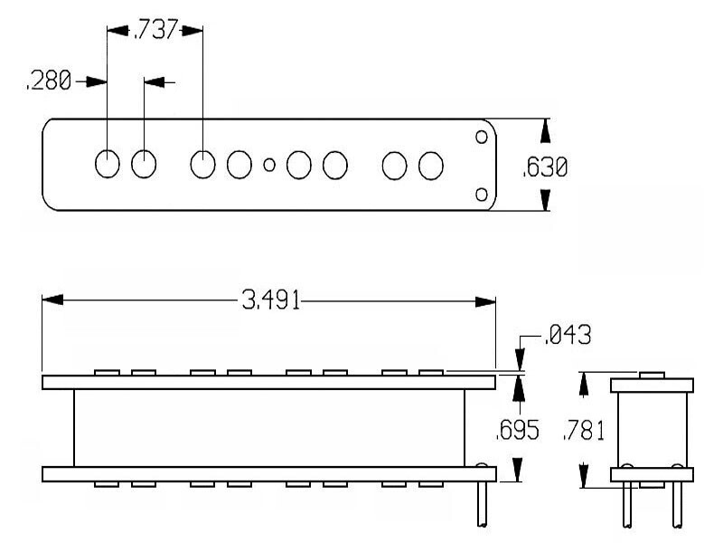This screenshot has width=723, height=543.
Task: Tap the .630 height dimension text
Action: [546, 167]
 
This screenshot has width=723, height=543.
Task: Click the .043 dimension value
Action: [568, 337]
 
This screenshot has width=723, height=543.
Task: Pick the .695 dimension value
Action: [517, 431]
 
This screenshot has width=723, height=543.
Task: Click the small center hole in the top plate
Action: [268, 165]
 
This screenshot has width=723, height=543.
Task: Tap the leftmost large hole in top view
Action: [108, 164]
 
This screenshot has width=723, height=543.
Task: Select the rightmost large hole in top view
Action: [431, 165]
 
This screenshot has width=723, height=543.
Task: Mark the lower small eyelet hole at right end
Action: [482, 195]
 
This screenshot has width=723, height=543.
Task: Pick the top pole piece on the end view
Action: [652, 375]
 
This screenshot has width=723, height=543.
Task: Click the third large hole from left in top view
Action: [203, 165]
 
